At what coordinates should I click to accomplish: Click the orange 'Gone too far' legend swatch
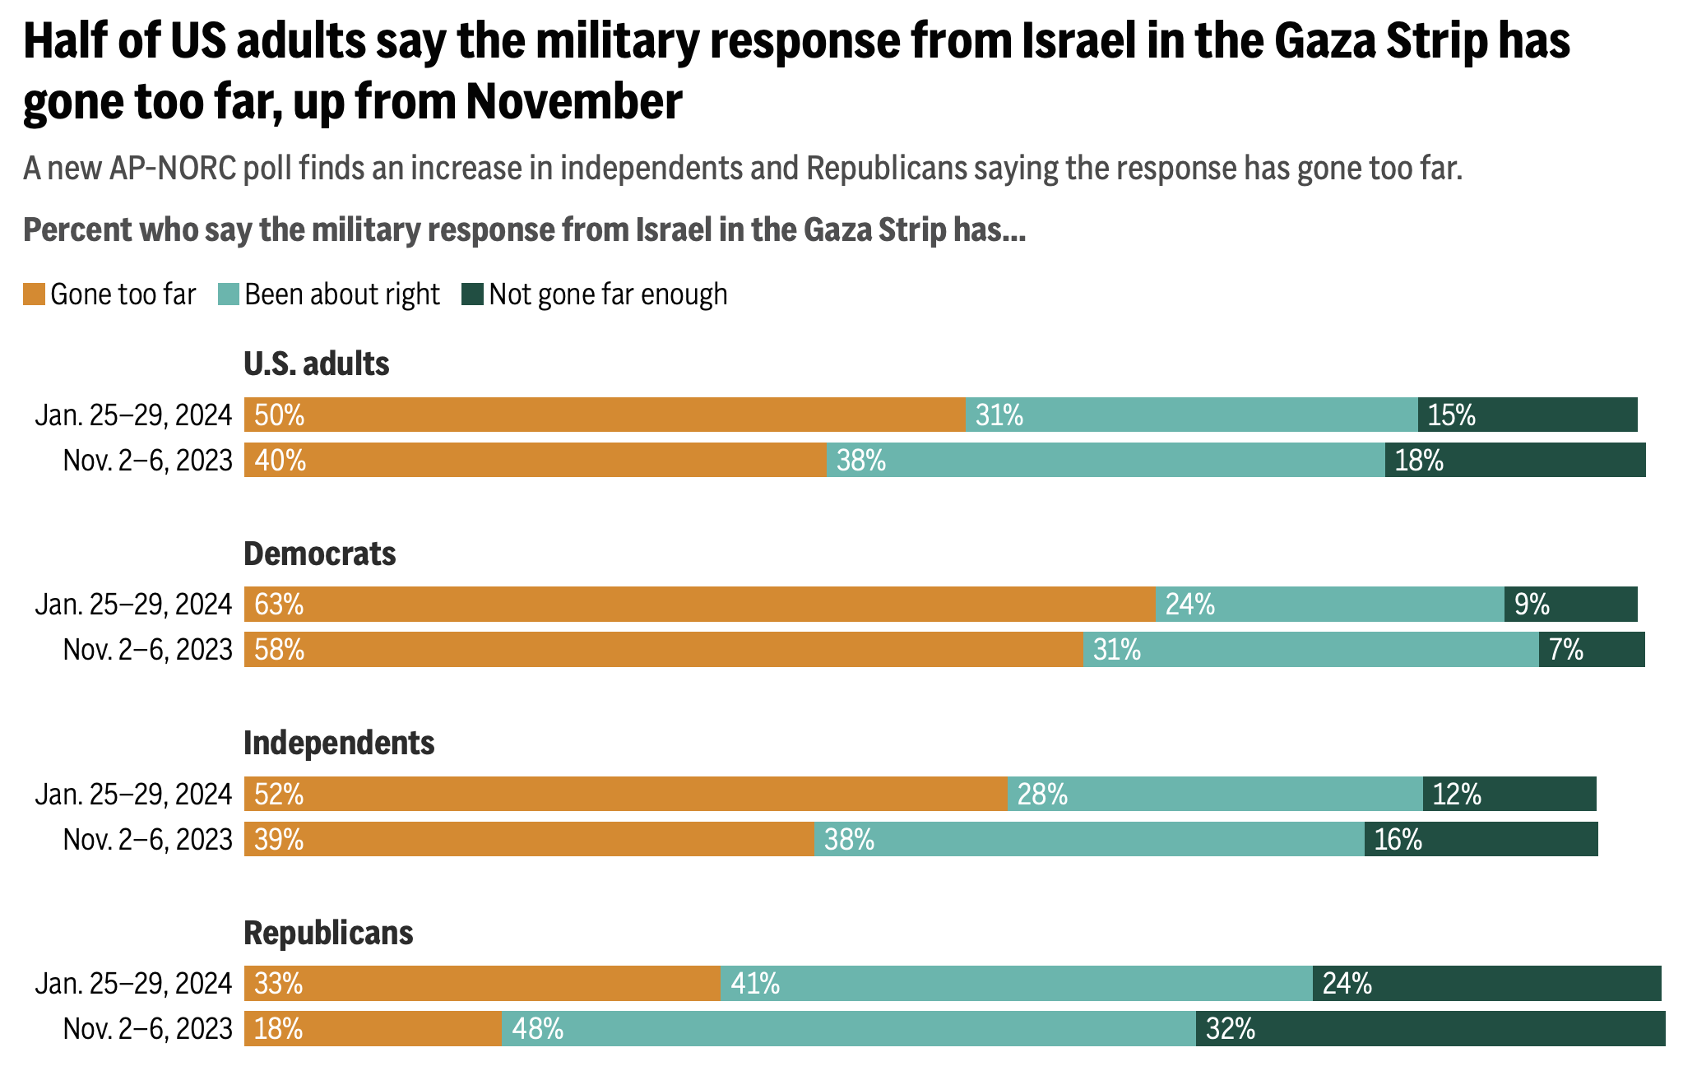click(x=34, y=294)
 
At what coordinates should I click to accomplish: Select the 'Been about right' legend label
click(x=341, y=294)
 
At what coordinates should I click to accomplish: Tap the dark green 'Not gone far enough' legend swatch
click(x=472, y=294)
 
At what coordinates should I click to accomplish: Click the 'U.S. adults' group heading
click(x=316, y=364)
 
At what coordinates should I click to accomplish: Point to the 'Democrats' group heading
click(x=319, y=554)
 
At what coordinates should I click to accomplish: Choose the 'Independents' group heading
click(x=339, y=743)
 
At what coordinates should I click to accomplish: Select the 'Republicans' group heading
click(x=328, y=933)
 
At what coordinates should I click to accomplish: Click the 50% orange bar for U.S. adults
click(x=604, y=415)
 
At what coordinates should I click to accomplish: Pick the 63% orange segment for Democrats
click(x=699, y=605)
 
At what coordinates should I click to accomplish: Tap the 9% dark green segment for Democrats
click(x=1570, y=605)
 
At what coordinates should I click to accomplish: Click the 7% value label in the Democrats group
click(x=1566, y=650)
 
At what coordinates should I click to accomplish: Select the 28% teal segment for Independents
click(x=1215, y=794)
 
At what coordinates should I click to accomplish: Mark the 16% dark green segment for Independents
click(x=1481, y=839)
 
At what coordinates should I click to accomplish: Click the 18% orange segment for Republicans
click(x=373, y=1029)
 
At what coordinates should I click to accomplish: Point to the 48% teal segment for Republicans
click(x=848, y=1029)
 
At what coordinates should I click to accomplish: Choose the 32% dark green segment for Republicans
click(x=1430, y=1029)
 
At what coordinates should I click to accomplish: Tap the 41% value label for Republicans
click(x=755, y=984)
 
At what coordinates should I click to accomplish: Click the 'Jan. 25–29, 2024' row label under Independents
click(x=133, y=795)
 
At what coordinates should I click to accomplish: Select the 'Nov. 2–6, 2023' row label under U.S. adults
click(x=147, y=461)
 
